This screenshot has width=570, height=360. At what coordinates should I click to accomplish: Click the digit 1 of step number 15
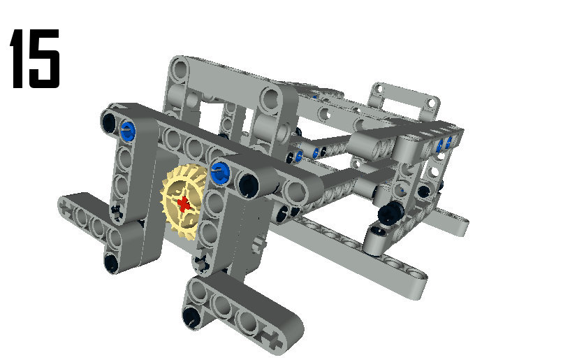tap(17, 59)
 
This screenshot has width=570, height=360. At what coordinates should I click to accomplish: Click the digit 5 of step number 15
tap(43, 59)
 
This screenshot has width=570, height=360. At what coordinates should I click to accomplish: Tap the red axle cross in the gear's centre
tap(184, 204)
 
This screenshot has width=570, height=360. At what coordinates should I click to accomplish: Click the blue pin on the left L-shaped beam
tap(128, 129)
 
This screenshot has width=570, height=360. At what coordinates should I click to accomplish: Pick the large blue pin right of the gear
tap(219, 173)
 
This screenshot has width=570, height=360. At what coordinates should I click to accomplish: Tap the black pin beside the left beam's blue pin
tap(109, 122)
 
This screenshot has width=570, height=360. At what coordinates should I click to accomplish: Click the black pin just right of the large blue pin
tap(249, 184)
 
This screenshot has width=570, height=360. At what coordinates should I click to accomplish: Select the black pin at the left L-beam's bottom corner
tap(111, 262)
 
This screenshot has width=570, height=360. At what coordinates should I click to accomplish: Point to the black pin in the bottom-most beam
tap(191, 317)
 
